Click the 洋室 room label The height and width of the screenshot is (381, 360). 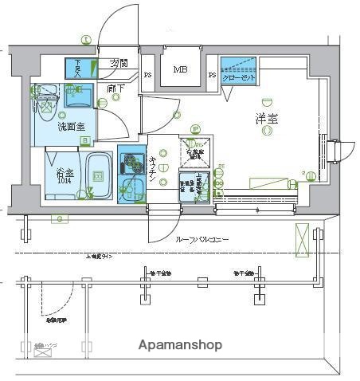(266, 119)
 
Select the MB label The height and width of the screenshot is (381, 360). (181, 71)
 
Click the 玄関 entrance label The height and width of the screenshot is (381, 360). (119, 64)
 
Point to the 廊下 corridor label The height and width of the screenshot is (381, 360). (115, 88)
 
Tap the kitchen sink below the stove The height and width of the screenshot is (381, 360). (131, 190)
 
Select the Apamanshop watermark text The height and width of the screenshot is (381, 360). (180, 346)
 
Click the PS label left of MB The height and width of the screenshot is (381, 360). (147, 76)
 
